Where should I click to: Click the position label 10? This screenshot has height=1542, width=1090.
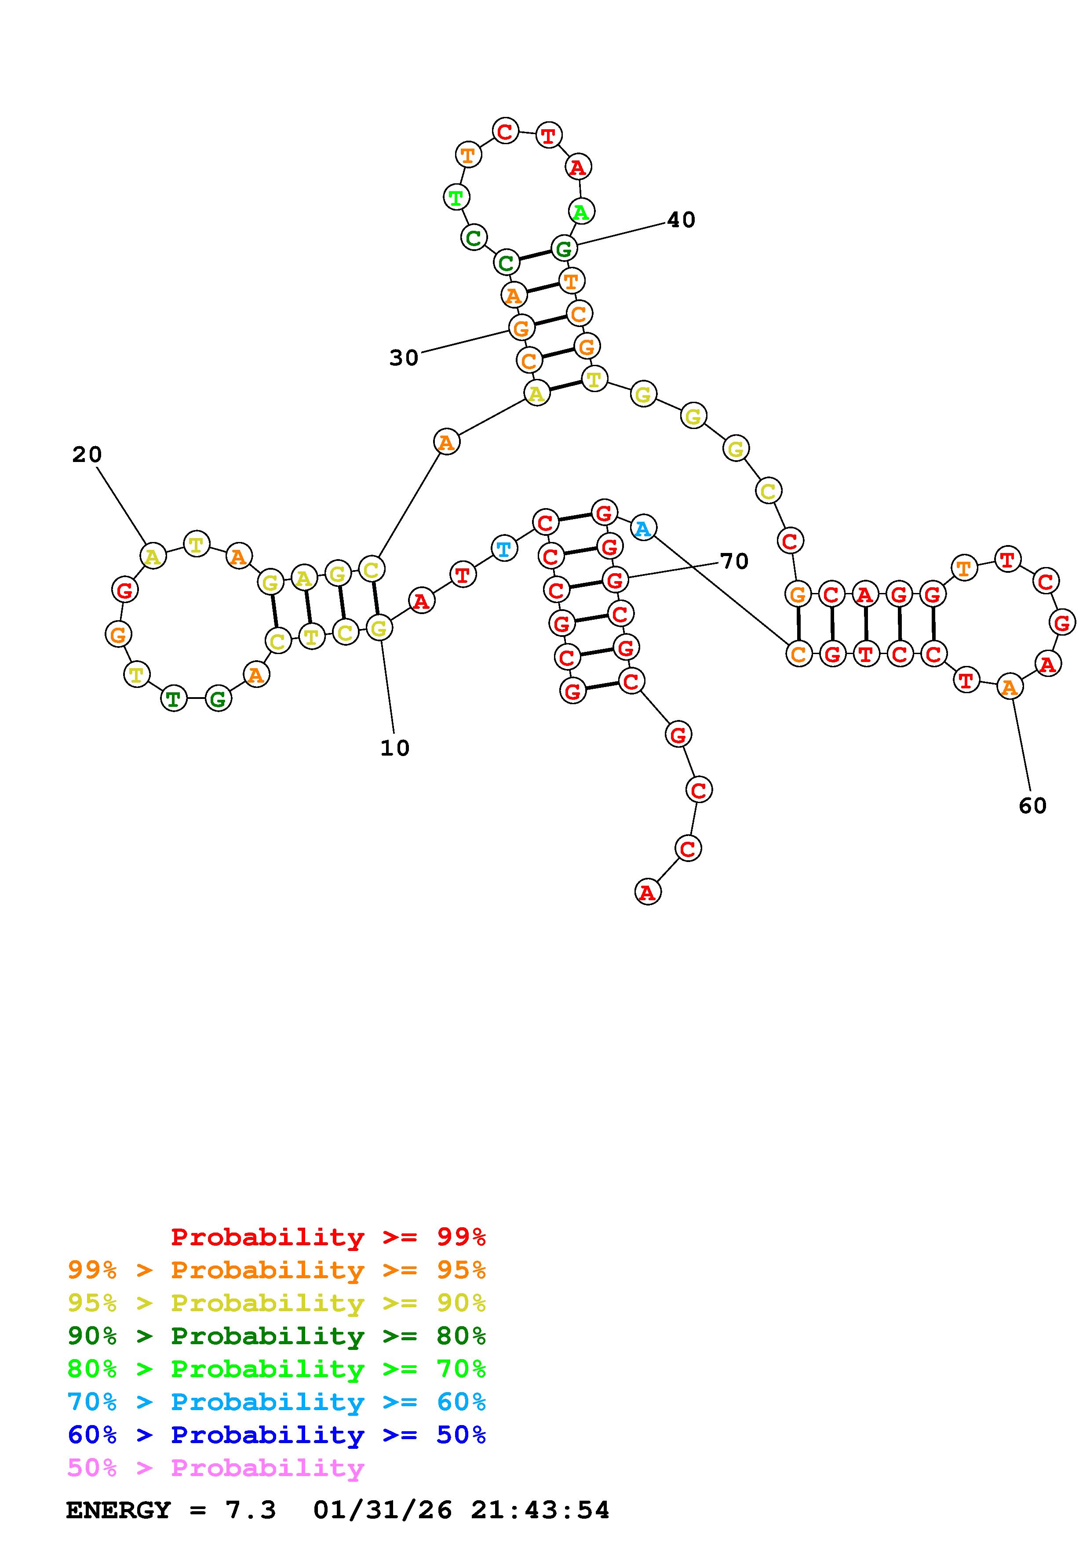coord(395,748)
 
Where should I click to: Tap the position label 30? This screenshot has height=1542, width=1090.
coord(404,358)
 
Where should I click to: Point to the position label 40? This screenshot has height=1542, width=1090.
coord(681,220)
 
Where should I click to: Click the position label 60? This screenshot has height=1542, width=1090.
coord(1032,805)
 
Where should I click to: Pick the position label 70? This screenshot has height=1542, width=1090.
coord(734,561)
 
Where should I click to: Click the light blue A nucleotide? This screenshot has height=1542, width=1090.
coord(643,528)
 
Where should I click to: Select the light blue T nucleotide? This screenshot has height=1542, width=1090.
coord(503,549)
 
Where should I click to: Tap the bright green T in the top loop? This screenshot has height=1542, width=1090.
coord(456,197)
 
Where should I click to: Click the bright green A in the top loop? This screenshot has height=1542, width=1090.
coord(580,212)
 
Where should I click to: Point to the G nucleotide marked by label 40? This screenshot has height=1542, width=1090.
coord(564,248)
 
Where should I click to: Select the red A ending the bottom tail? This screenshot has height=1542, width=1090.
coord(647,893)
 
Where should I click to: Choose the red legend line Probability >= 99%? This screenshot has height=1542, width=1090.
coord(328,1237)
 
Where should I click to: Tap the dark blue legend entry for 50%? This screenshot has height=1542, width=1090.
coord(276,1435)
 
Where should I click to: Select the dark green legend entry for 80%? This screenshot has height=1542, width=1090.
coord(276,1336)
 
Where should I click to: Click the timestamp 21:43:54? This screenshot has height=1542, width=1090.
coord(540,1510)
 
